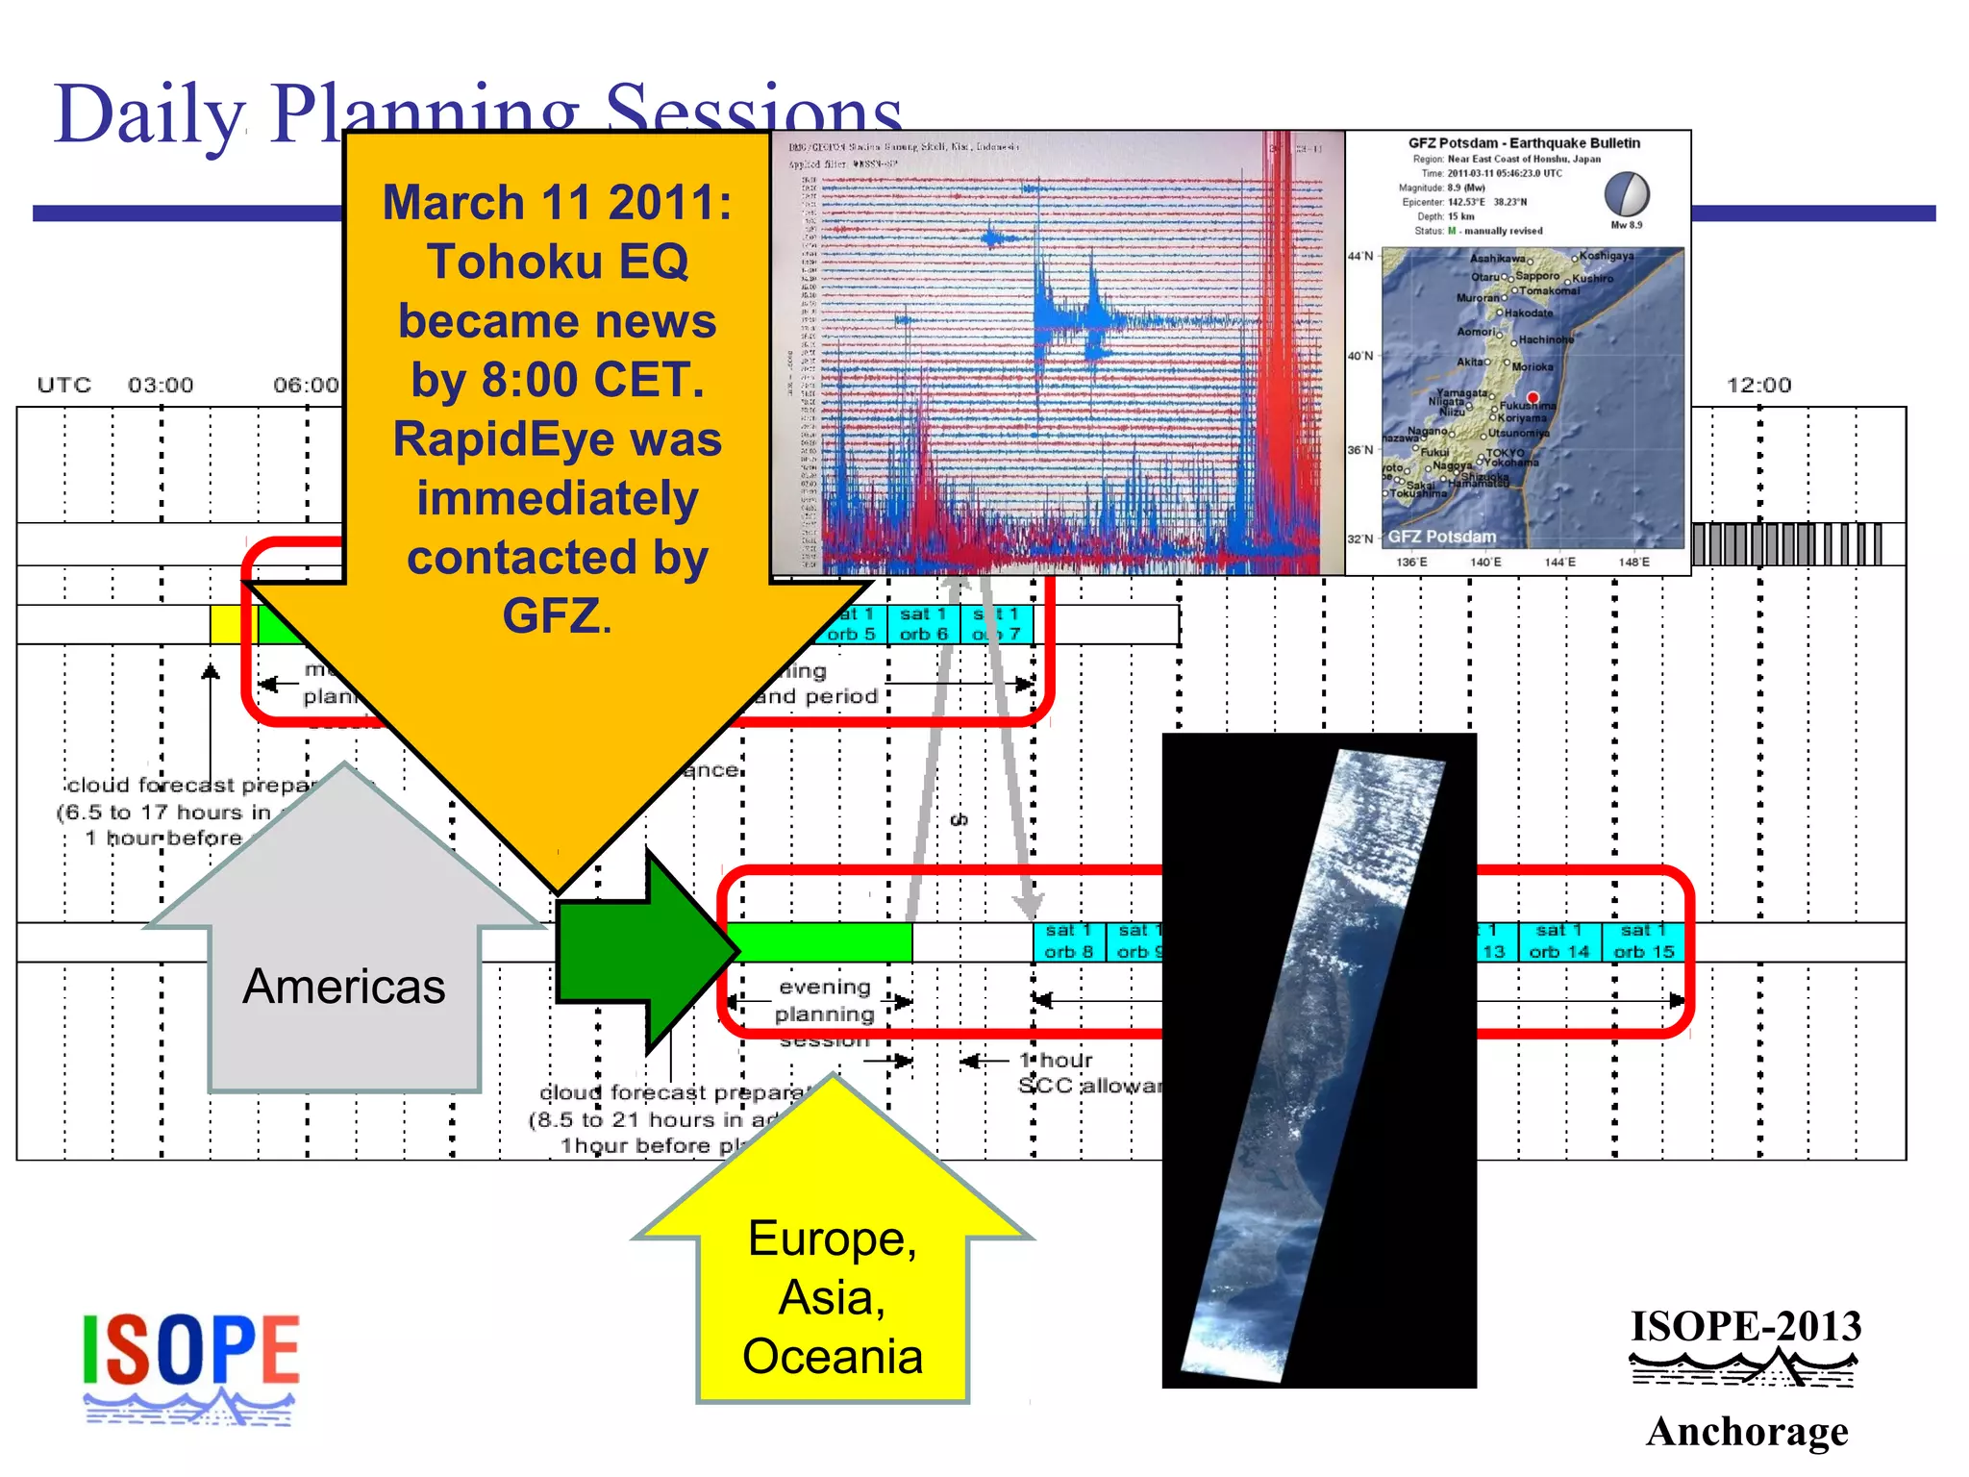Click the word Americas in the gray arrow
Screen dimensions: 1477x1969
[x=343, y=987]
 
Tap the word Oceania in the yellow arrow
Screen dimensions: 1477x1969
[x=833, y=1357]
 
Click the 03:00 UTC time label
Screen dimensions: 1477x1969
[x=161, y=386]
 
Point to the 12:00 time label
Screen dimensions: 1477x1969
[x=1758, y=386]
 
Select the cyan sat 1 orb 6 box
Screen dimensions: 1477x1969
[x=923, y=624]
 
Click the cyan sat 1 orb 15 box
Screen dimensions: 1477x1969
[x=1643, y=941]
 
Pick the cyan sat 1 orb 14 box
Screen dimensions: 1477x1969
[x=1558, y=941]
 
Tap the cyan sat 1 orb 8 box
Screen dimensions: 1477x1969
[x=1068, y=941]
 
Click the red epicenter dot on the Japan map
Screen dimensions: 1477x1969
[x=1533, y=397]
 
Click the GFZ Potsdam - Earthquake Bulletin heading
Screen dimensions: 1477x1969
[x=1524, y=143]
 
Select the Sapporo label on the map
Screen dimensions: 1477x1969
[x=1537, y=276]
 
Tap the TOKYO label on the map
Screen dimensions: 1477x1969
[x=1505, y=452]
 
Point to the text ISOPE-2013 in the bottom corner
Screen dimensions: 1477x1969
[x=1746, y=1327]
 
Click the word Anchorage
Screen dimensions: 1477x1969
[x=1747, y=1432]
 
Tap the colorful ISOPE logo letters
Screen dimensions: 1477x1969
[x=190, y=1350]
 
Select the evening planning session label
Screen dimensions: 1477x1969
[x=824, y=1014]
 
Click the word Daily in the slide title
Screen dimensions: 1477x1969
[x=149, y=115]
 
